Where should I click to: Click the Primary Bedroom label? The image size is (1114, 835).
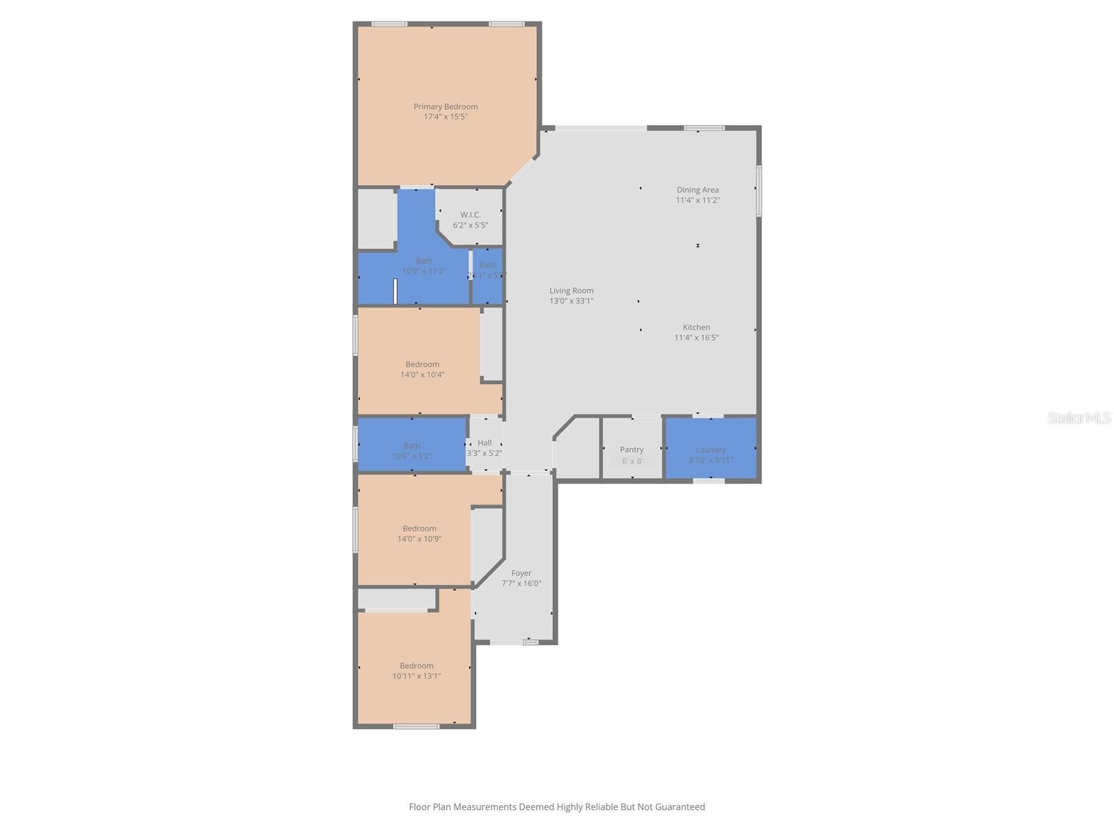tap(446, 106)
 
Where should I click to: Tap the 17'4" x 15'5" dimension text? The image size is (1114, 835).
tap(446, 117)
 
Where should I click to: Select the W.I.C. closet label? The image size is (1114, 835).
tap(470, 215)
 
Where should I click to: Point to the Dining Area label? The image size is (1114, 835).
tap(698, 190)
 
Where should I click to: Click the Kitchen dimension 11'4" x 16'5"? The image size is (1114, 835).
tap(696, 337)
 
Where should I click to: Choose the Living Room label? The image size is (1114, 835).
tap(571, 291)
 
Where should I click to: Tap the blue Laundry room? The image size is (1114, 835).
tap(711, 450)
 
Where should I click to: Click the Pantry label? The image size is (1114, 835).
tap(631, 450)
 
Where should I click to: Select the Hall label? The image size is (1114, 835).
tap(485, 443)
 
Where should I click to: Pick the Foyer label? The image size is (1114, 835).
tap(521, 573)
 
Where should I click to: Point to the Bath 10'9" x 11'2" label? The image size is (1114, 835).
tap(424, 261)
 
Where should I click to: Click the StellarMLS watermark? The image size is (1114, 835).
tap(1079, 417)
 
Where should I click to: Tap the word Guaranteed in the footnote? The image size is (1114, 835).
tap(679, 807)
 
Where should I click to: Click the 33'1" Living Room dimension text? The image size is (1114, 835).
tap(582, 301)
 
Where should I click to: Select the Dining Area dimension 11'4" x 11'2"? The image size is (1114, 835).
tap(698, 200)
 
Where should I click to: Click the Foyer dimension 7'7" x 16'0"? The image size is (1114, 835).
tap(521, 584)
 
